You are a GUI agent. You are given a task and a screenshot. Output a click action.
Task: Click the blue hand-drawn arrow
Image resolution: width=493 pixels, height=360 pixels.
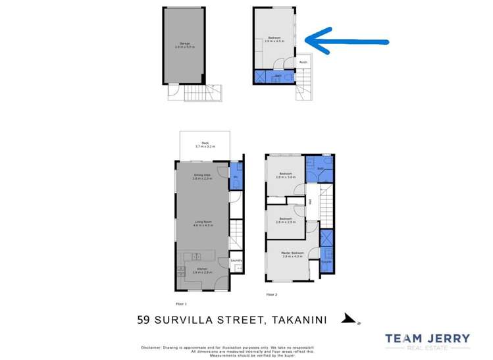(349, 41)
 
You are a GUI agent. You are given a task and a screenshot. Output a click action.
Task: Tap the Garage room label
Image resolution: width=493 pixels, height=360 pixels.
(191, 43)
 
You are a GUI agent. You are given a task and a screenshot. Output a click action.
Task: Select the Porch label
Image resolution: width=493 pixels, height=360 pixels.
(303, 63)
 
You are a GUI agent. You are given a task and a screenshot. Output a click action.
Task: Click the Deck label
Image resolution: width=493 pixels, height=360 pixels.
(205, 143)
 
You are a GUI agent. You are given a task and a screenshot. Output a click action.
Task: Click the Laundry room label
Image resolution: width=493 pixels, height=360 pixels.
(237, 261)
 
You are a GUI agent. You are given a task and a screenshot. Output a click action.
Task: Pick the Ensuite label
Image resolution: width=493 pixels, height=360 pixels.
(324, 261)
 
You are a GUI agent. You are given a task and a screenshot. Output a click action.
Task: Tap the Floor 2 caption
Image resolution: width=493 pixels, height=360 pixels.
(271, 296)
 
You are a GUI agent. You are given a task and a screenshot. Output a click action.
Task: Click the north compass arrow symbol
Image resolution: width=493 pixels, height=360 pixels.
(347, 320)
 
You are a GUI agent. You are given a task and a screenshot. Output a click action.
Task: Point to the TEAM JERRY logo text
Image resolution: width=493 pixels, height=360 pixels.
(427, 339)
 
